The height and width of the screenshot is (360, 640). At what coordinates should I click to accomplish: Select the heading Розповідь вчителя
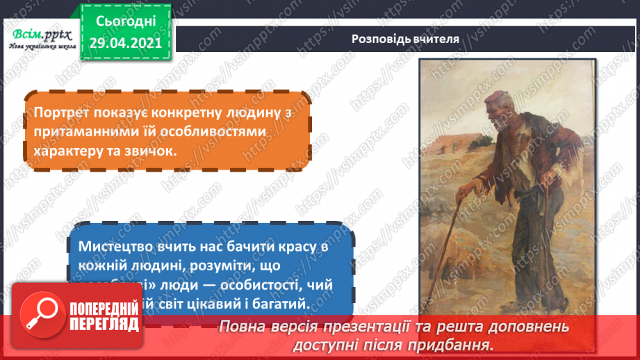405,39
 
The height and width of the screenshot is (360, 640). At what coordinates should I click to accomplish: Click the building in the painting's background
452,139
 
